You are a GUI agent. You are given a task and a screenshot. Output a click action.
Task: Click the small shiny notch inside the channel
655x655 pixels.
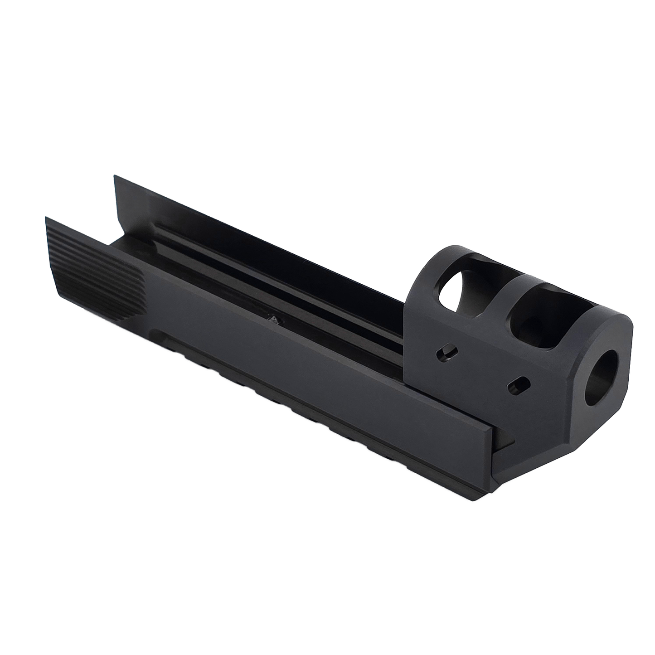tap(273, 320)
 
